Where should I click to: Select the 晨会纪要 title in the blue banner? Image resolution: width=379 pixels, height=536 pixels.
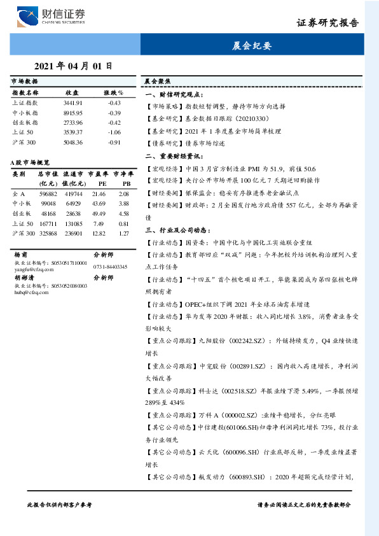click(252, 46)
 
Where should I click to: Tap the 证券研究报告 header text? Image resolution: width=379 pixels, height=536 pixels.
click(327, 23)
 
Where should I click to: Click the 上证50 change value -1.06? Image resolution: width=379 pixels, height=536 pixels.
click(114, 132)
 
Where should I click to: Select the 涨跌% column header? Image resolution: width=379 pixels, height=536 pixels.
click(113, 92)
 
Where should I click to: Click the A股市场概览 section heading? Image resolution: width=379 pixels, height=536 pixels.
click(31, 164)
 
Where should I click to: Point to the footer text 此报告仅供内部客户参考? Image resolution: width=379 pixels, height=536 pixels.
click(59, 504)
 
